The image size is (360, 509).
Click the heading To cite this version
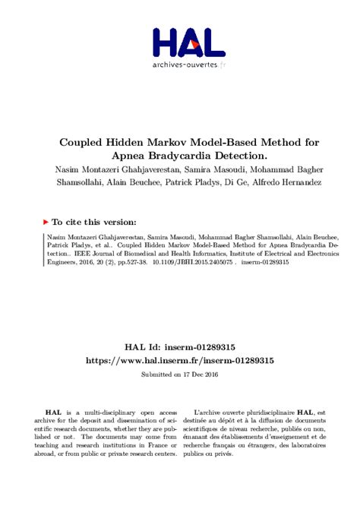tap(94, 222)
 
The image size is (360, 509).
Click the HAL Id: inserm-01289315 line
tap(179, 347)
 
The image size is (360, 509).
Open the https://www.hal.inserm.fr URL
tap(179, 360)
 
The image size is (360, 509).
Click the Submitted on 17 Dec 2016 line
tap(179, 375)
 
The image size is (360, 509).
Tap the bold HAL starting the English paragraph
tap(51, 410)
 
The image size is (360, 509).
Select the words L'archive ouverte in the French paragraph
tap(220, 410)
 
